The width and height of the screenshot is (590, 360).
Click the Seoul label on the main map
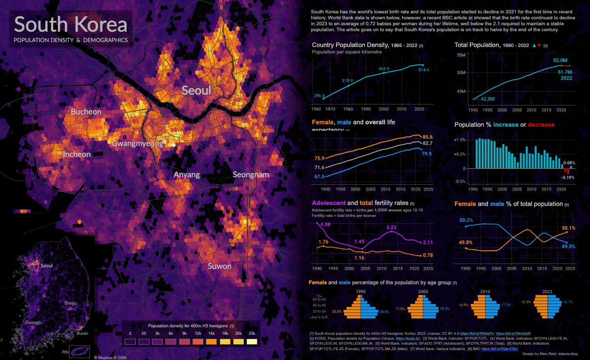(x=197, y=90)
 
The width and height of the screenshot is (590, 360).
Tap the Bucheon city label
(x=86, y=112)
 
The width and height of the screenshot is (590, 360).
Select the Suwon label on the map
(x=219, y=266)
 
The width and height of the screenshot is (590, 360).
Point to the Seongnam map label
(x=251, y=175)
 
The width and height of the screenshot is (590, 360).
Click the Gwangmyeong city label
(x=137, y=144)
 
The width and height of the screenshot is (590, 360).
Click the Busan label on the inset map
(x=82, y=333)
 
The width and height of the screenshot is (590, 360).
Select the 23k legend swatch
(x=252, y=342)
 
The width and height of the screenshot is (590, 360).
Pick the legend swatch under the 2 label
(x=130, y=342)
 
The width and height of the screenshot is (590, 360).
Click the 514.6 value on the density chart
(x=424, y=70)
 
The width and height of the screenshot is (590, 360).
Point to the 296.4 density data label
(x=319, y=96)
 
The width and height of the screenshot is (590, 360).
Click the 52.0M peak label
(x=560, y=60)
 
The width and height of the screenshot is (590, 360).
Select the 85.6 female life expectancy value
(x=428, y=137)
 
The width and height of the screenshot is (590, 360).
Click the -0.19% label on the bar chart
(x=567, y=177)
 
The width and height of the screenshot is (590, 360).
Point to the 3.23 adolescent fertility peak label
(x=392, y=227)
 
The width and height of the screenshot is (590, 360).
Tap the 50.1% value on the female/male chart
(x=568, y=228)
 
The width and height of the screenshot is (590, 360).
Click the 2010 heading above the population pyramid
(x=485, y=292)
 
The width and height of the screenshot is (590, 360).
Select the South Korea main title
(x=71, y=25)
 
